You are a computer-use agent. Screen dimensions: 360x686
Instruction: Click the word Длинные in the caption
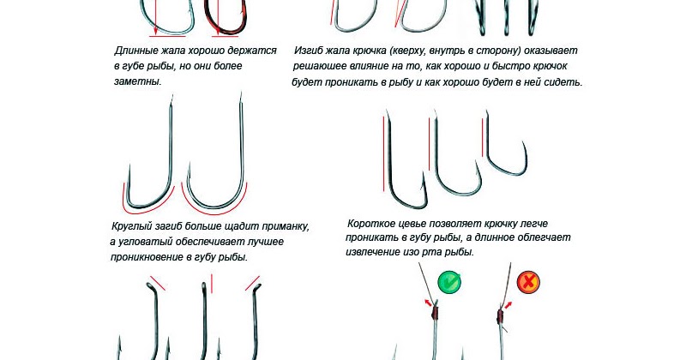(138, 51)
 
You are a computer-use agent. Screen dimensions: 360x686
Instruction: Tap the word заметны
(137, 81)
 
